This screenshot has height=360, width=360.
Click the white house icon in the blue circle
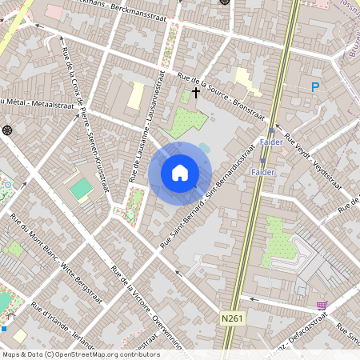[x=180, y=173]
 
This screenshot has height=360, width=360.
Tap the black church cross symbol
[x=196, y=94]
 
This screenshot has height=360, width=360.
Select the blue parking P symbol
[x=315, y=87]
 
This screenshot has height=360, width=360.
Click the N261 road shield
[x=232, y=318]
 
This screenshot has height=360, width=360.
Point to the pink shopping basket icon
[x=322, y=306]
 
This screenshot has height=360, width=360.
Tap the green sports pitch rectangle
[x=81, y=190]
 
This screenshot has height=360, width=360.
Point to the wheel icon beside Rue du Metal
[x=8, y=130]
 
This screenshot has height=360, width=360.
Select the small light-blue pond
[x=204, y=148]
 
